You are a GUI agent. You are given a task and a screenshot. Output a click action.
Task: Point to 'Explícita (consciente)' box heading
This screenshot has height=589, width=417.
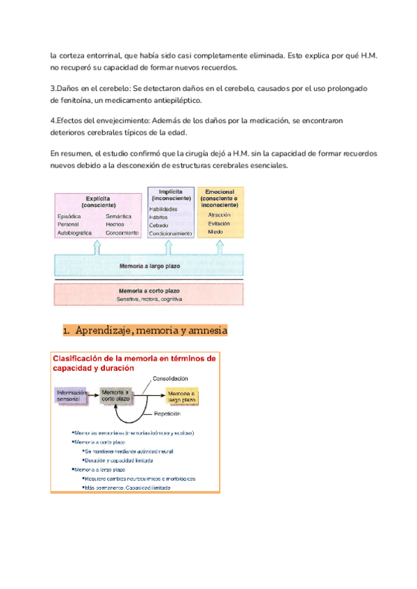point(99,201)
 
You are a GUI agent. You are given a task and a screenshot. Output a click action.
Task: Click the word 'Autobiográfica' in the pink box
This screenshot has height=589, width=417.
point(74,233)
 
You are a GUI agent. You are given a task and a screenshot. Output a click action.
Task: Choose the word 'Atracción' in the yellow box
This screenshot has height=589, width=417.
point(220,215)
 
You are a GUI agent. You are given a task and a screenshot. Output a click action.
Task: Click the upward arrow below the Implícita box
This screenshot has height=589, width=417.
point(170,247)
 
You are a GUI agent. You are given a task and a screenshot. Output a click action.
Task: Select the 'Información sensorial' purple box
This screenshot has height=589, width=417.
point(72,396)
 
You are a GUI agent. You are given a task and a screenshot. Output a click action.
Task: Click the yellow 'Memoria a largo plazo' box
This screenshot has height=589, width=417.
point(181,396)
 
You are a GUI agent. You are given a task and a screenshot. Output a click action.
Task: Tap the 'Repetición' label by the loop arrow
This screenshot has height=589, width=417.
point(166,413)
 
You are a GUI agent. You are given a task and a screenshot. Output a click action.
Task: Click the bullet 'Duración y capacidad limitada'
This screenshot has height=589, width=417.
point(118,460)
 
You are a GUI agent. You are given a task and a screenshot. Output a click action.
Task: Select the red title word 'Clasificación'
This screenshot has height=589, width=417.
point(78,358)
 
